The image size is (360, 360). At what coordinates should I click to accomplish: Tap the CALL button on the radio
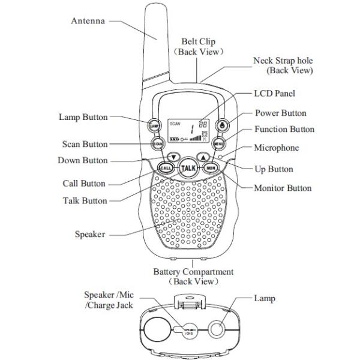166,167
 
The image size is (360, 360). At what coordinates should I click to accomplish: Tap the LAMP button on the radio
154,125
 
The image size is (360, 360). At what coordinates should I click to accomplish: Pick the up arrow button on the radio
204,157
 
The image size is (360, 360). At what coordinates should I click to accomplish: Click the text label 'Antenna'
88,21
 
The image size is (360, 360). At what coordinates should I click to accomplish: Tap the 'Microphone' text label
276,148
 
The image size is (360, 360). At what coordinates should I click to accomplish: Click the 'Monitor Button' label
283,188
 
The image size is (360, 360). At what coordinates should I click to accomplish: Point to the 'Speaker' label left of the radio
90,234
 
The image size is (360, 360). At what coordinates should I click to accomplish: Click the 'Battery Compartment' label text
193,272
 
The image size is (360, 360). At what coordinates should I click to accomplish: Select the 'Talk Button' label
85,201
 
